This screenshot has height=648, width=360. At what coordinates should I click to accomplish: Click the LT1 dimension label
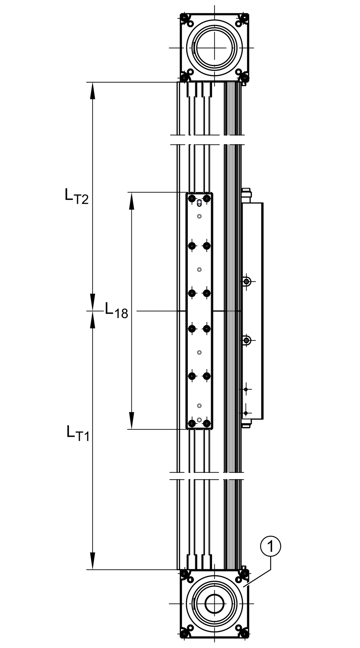(x=78, y=433)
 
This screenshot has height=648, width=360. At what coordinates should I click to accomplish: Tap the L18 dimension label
(x=116, y=310)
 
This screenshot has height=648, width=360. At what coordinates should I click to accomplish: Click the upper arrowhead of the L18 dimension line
(x=131, y=201)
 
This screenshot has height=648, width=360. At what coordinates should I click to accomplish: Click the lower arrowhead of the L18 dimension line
(x=131, y=420)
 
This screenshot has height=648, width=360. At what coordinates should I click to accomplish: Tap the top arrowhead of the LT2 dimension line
(x=93, y=91)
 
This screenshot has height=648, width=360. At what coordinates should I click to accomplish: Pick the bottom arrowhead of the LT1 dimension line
(x=93, y=561)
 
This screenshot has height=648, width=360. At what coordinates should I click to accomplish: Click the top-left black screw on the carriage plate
(x=192, y=198)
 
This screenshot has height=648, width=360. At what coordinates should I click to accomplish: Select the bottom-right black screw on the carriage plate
(x=206, y=423)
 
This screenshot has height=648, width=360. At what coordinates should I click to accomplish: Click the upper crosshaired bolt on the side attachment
(x=247, y=282)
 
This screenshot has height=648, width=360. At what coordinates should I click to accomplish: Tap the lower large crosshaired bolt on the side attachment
(x=247, y=340)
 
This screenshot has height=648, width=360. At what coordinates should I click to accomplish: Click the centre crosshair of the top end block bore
(x=214, y=48)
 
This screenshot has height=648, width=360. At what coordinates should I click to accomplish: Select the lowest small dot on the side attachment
(x=246, y=413)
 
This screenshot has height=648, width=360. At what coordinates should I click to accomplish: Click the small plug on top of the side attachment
(x=246, y=192)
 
